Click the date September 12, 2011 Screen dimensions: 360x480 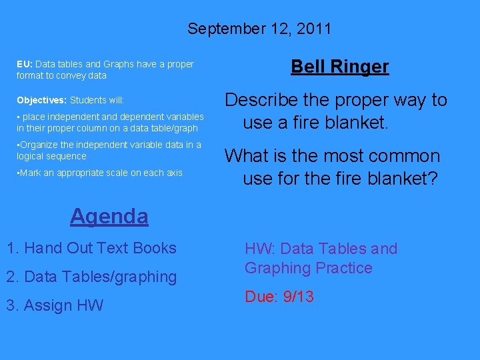pos(259,29)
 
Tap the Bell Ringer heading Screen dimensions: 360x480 pos(340,67)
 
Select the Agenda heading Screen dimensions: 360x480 pos(109,216)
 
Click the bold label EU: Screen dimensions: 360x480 pos(25,64)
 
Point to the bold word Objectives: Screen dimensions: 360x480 pos(41,100)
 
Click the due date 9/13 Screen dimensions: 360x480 pos(298,297)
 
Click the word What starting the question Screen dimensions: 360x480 pos(245,156)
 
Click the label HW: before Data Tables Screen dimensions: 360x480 pos(260,249)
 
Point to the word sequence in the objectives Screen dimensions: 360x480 pos(67,156)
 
